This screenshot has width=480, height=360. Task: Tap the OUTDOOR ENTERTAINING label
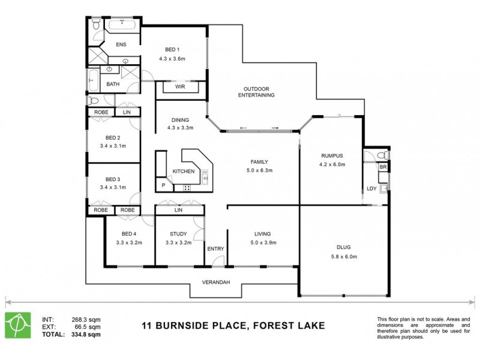tap(256, 92)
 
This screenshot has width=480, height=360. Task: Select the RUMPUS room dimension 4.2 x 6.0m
tap(332, 164)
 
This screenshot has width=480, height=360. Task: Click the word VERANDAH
tap(215, 282)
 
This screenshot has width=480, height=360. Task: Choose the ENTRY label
tap(215, 248)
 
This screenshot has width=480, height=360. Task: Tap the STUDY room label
tap(178, 234)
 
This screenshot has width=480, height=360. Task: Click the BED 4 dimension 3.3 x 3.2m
tap(128, 243)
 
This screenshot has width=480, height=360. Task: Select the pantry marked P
tap(163, 186)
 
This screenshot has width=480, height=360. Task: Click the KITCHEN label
tap(184, 172)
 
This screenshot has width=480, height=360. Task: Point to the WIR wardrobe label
tap(180, 87)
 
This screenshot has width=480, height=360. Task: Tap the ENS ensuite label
tap(121, 44)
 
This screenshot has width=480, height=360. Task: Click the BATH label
tap(113, 84)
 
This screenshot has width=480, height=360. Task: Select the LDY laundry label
tap(371, 190)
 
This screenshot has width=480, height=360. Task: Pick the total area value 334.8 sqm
tap(86, 334)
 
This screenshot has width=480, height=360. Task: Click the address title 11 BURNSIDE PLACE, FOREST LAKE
tap(233, 326)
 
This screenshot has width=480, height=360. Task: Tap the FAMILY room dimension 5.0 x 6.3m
tap(259, 170)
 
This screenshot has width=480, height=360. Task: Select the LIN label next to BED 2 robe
tap(127, 112)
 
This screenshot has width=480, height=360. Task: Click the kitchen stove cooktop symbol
tap(187, 188)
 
